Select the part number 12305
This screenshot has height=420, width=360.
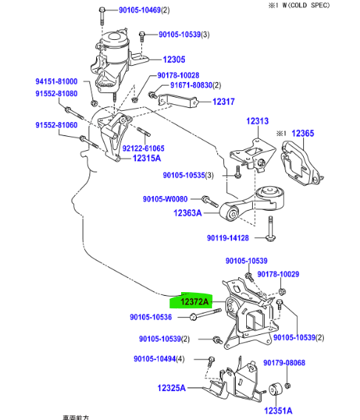pos(174,59)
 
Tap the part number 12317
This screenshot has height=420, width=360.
pos(224,102)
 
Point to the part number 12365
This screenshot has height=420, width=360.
pos(303,133)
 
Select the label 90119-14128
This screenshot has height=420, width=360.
pos(228,238)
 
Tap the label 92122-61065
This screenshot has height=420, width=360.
pos(143,148)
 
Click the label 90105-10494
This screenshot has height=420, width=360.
pos(157,359)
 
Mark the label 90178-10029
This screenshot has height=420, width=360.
pos(278,274)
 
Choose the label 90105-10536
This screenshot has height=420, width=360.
pos(150,317)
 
